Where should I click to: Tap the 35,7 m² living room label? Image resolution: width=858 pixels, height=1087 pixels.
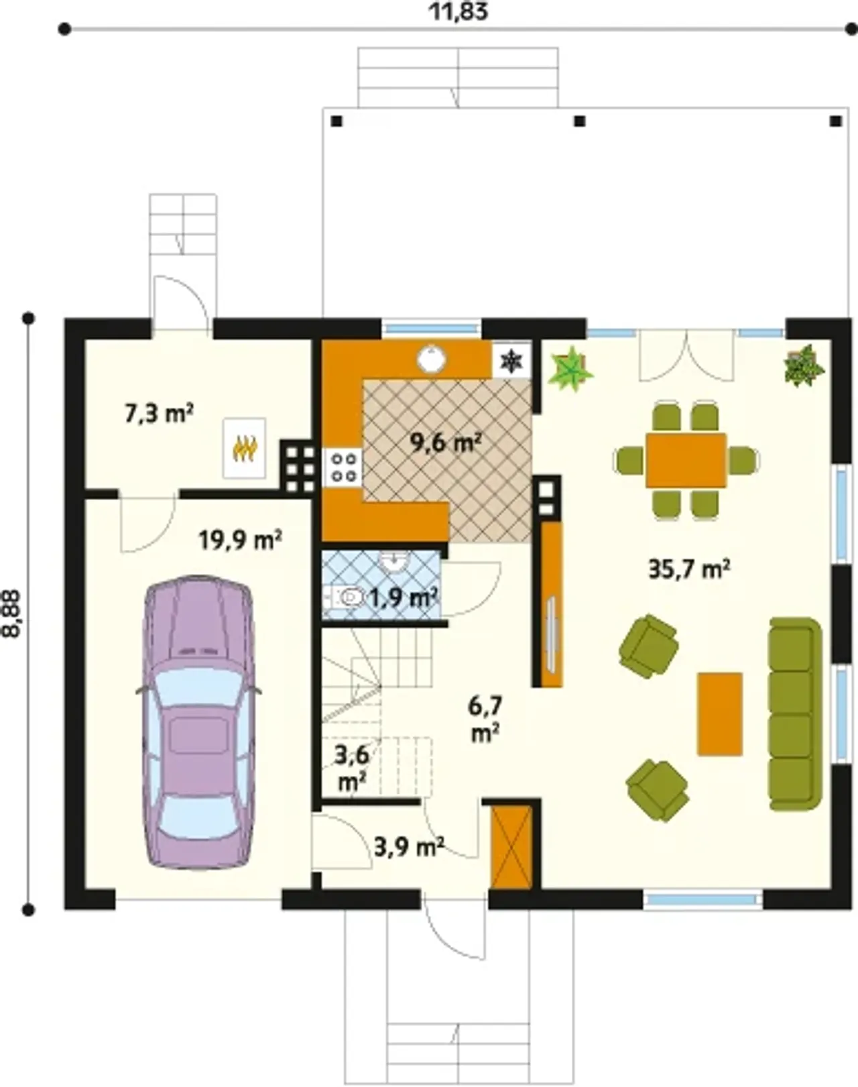click(x=689, y=570)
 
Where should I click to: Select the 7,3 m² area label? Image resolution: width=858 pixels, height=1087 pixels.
click(x=159, y=414)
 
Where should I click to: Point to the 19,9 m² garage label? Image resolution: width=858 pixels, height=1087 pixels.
click(x=240, y=540)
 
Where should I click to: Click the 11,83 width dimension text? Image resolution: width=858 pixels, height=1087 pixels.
click(x=459, y=12)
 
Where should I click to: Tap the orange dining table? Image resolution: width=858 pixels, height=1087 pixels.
click(x=686, y=459)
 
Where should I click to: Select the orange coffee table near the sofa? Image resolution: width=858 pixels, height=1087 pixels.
click(x=720, y=714)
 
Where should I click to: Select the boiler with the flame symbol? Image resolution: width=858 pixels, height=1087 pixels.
click(x=245, y=448)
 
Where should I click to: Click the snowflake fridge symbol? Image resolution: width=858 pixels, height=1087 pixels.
click(x=511, y=360)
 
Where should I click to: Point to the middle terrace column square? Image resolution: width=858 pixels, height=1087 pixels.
click(x=580, y=121)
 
